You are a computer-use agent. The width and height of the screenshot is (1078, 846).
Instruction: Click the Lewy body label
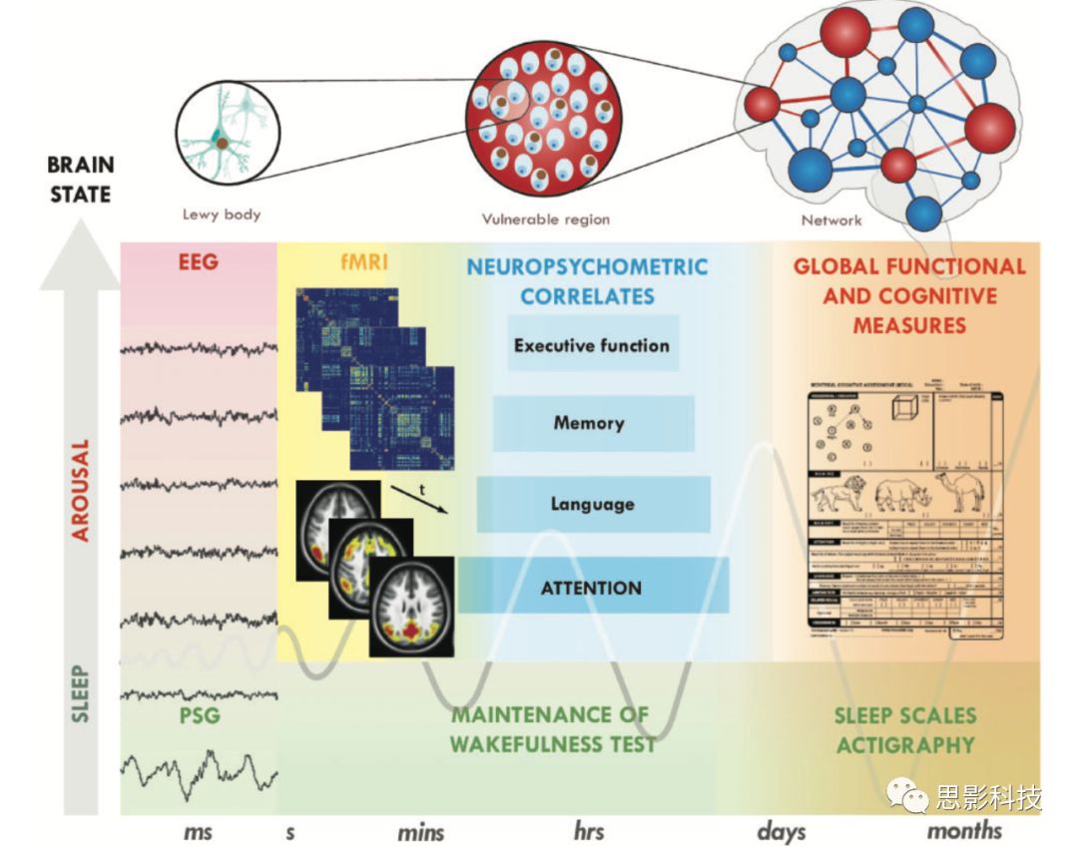click(221, 213)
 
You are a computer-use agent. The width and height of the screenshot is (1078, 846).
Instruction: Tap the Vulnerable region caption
click(545, 218)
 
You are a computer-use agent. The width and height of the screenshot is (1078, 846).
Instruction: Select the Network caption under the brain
click(830, 219)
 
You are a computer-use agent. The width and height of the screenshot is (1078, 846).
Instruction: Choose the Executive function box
click(592, 345)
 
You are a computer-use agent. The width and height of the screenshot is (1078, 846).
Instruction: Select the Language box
click(592, 504)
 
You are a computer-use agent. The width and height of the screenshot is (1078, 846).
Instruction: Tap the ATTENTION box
click(591, 587)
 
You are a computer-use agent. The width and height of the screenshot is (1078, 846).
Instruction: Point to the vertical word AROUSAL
click(81, 489)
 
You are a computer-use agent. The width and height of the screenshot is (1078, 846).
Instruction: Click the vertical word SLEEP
click(81, 693)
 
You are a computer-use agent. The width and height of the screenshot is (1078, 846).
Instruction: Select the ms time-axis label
click(198, 831)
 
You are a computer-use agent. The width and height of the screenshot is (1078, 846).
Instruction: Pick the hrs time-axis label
click(589, 831)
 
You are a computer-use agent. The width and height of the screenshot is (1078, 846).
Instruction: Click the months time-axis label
click(964, 830)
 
